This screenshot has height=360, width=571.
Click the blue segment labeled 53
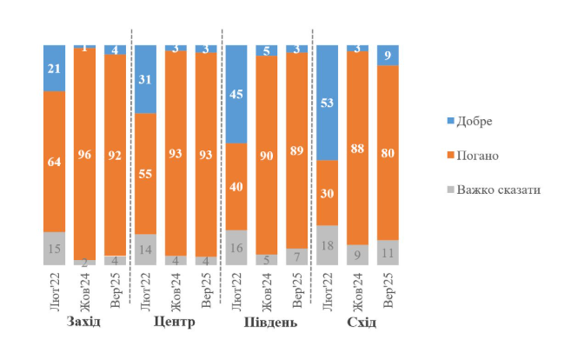click(327, 102)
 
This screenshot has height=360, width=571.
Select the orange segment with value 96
click(84, 155)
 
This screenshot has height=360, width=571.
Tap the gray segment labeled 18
click(327, 245)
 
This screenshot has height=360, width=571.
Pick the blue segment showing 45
click(236, 93)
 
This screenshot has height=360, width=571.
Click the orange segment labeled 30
click(327, 192)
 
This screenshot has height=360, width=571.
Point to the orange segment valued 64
click(54, 161)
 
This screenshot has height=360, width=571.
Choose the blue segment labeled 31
click(145, 78)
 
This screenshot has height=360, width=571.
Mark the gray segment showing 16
click(236, 248)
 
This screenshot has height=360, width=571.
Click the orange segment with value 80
click(388, 152)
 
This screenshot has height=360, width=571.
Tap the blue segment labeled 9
click(388, 55)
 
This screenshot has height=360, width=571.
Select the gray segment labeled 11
click(388, 253)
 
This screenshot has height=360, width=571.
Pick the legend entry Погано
click(475, 155)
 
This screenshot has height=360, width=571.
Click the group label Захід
click(83, 323)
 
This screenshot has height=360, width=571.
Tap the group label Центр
click(174, 323)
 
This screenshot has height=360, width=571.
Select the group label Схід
click(356, 323)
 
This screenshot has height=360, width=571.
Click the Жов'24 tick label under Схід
click(357, 290)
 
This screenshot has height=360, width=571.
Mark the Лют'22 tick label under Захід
click(54, 290)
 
